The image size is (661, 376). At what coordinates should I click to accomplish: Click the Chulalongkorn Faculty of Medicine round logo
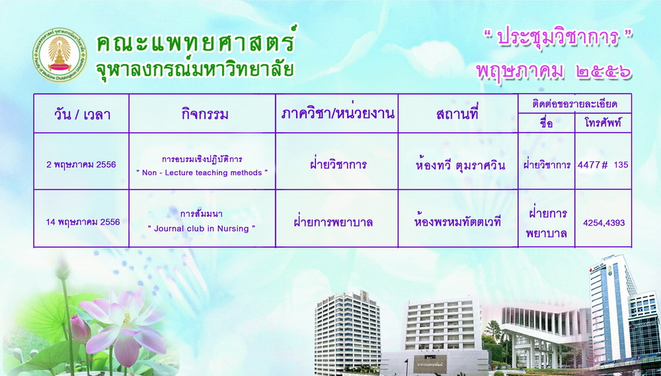click(x=59, y=55)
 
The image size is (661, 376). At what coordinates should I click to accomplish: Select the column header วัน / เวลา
click(x=82, y=114)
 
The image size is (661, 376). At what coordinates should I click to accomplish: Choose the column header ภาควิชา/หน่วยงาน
click(x=338, y=114)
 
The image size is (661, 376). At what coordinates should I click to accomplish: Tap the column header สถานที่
click(x=457, y=114)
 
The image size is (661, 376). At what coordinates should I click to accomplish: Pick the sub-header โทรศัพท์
click(x=603, y=124)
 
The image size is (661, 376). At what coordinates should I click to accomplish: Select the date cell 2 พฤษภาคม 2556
click(x=81, y=165)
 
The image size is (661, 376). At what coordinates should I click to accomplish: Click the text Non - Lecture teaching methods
click(x=202, y=173)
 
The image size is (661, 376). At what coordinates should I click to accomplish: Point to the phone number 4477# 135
click(x=603, y=165)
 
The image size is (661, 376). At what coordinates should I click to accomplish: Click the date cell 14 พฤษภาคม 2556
click(x=83, y=222)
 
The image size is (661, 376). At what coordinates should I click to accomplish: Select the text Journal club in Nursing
click(x=202, y=229)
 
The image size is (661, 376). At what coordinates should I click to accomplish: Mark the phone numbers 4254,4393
click(x=603, y=223)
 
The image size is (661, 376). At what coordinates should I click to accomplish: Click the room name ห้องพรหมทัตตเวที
click(x=457, y=222)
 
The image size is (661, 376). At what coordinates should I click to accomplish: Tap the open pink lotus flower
click(x=124, y=325)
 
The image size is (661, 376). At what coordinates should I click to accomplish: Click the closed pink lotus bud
click(x=80, y=329)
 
